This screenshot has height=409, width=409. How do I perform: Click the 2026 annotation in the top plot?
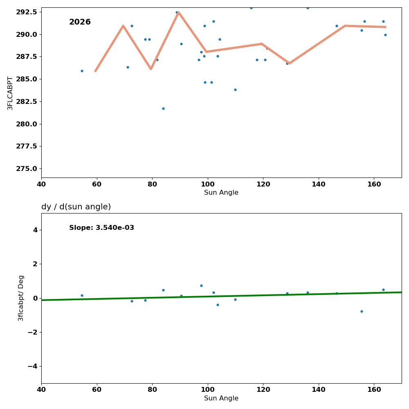tap(80, 22)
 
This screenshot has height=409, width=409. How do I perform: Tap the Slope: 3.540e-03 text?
tap(101, 228)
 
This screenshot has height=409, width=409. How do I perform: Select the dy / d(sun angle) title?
tap(76, 207)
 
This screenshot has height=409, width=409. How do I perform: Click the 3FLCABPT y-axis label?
tap(10, 93)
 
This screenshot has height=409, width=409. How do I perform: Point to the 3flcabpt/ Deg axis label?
tap(21, 298)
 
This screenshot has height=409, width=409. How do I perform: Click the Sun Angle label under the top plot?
tap(221, 193)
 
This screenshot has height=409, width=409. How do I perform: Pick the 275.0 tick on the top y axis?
tap(26, 169)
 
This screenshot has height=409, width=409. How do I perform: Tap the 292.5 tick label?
tap(26, 12)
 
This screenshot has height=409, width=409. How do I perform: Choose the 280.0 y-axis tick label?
tap(26, 124)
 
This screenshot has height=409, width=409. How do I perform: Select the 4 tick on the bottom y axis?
tap(35, 230)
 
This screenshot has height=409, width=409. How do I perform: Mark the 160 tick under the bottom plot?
tap(374, 390)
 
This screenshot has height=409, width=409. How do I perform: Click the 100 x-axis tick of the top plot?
tap(208, 184)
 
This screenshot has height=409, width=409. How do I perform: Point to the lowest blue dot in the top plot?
tap(163, 108)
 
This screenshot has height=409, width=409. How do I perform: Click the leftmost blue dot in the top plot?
tap(82, 71)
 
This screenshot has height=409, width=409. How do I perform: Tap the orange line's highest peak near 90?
tap(179, 12)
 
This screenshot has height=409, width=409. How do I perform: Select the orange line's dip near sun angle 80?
tap(151, 69)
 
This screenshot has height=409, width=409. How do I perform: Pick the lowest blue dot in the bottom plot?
tap(362, 311)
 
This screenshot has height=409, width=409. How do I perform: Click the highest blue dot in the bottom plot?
tap(201, 285)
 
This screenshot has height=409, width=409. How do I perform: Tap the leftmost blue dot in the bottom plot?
tap(82, 295)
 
